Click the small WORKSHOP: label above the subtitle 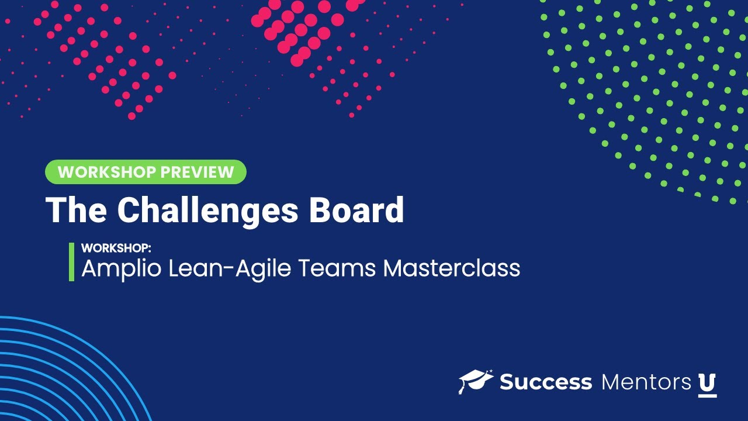tap(116, 247)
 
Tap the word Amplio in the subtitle tap(120, 268)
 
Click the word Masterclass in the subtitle tap(452, 268)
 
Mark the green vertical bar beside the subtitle tap(71, 262)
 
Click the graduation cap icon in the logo tap(476, 381)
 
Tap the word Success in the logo tap(546, 382)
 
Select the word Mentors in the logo tap(646, 382)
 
